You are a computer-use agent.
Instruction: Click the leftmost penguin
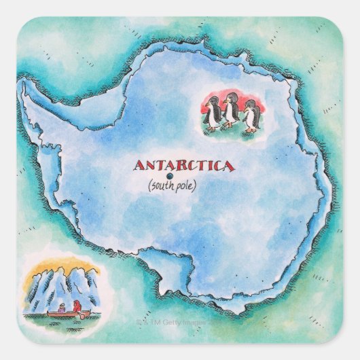coord(214,112)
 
